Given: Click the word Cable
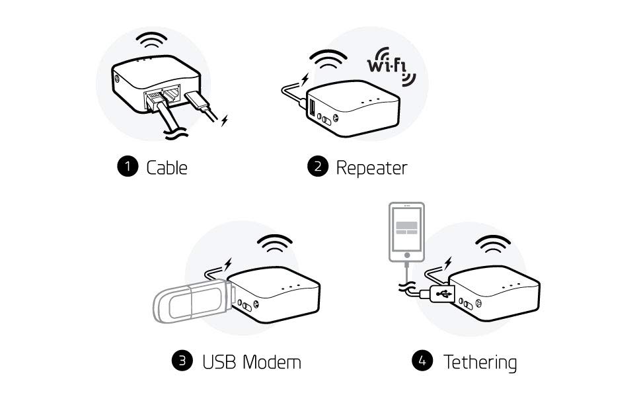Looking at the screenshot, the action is pyautogui.click(x=167, y=167).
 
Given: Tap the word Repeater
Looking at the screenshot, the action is pyautogui.click(x=371, y=167).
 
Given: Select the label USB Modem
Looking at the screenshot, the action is pyautogui.click(x=252, y=362).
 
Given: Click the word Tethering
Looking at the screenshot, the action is pyautogui.click(x=480, y=362).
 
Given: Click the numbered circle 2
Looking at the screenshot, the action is pyautogui.click(x=317, y=167).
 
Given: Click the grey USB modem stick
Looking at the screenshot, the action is pyautogui.click(x=190, y=304).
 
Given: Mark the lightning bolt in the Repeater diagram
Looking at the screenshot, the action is pyautogui.click(x=305, y=80).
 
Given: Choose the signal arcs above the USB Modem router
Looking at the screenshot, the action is pyautogui.click(x=275, y=245).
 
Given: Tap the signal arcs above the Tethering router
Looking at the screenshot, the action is pyautogui.click(x=493, y=245).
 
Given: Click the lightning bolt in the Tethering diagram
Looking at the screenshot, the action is pyautogui.click(x=447, y=263).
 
